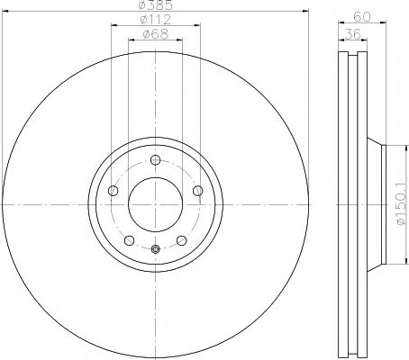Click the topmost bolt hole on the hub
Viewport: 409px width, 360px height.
[155, 160]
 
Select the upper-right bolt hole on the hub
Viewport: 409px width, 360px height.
[197, 190]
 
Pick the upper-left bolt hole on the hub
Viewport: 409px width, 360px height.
[113, 190]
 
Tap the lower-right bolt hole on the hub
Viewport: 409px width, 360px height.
[181, 240]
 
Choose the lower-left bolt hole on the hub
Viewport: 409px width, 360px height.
[129, 240]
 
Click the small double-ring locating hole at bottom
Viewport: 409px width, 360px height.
[155, 250]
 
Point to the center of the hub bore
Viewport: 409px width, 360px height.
[155, 204]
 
